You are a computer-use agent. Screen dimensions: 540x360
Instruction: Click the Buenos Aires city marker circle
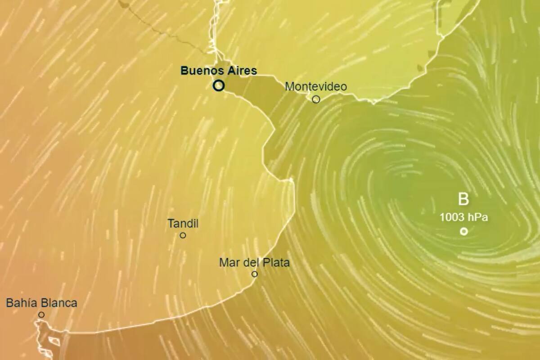219,85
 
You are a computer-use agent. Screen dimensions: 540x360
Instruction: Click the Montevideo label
316,86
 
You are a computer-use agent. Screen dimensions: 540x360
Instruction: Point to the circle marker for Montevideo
316,99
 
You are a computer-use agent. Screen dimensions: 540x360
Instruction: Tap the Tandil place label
183,224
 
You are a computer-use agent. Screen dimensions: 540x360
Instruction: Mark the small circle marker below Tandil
183,235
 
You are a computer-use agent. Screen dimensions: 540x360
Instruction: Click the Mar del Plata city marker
255,274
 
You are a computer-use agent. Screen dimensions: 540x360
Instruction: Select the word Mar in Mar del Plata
228,262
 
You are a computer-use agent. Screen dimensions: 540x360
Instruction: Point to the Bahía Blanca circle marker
41,315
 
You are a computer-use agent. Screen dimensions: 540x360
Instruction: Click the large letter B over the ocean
463,199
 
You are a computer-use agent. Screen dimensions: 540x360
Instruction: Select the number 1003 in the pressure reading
451,217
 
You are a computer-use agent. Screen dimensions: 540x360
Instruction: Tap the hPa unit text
477,217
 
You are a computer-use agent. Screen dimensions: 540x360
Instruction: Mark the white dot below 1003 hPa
463,232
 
